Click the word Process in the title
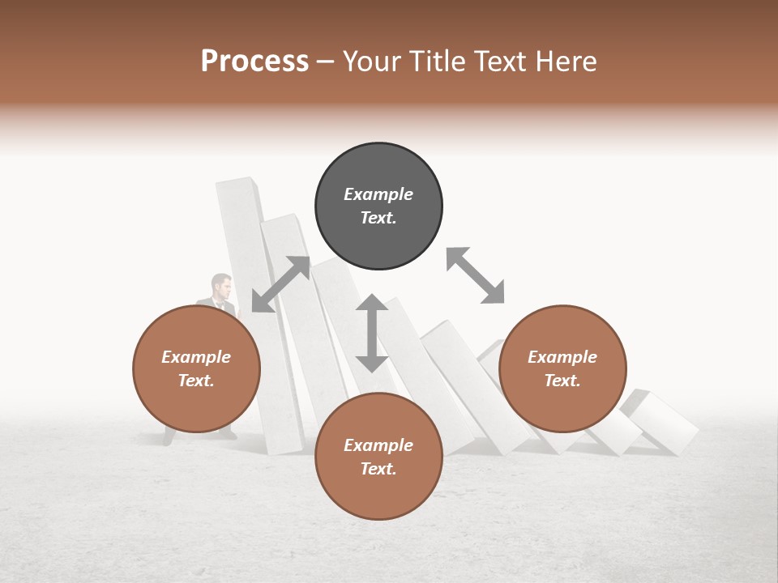tap(254, 62)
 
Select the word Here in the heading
tap(563, 62)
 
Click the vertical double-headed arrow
tap(372, 333)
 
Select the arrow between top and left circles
tap(280, 284)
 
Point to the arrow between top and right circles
tap(475, 275)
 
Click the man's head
tap(221, 286)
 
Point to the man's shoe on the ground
tap(228, 435)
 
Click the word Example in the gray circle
tap(378, 194)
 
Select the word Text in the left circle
tap(195, 381)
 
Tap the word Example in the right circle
tap(562, 357)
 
